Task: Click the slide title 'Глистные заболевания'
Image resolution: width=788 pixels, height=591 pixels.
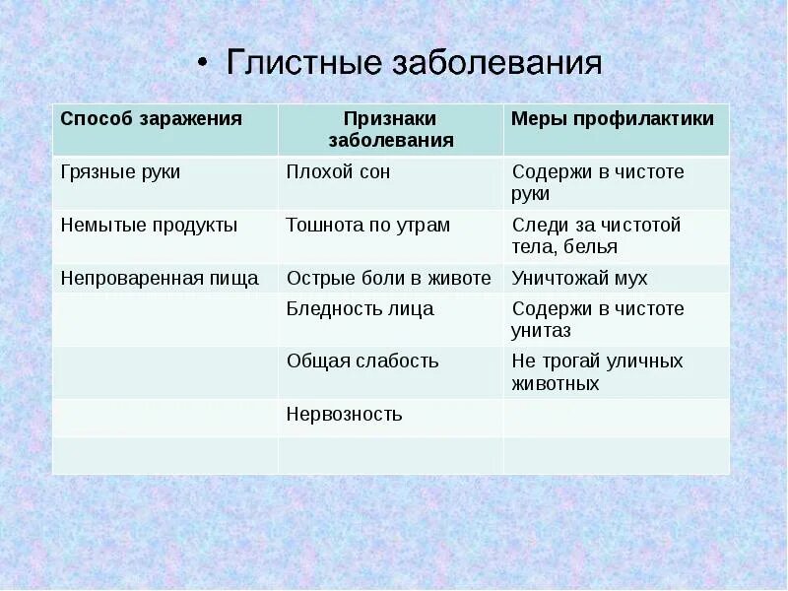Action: (414, 64)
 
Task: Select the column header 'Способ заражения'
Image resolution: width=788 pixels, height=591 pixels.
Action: (151, 119)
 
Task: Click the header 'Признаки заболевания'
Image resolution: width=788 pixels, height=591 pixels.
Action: (390, 129)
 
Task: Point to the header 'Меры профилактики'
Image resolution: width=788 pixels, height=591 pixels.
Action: (613, 119)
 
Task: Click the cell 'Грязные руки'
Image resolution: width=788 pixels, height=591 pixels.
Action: (120, 171)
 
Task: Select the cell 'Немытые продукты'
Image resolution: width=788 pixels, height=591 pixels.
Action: (149, 225)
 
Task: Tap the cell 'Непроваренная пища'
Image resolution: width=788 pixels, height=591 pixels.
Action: (160, 279)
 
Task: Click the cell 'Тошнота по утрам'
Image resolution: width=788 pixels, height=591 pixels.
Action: (367, 225)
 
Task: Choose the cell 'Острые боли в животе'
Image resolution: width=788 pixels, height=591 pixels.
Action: (388, 279)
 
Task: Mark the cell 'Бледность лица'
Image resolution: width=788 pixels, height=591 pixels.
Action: (360, 309)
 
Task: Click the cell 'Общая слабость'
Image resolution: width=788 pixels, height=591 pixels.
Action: (362, 361)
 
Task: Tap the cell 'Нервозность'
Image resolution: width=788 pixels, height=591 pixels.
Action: (344, 414)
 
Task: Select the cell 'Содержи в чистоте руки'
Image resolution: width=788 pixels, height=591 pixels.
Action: (597, 182)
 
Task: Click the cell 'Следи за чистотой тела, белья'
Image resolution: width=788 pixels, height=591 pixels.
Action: (596, 235)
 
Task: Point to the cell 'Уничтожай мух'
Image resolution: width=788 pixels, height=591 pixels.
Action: (579, 279)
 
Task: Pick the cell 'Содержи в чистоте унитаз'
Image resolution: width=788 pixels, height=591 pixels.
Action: (597, 319)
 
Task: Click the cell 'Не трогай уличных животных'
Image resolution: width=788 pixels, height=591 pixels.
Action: (597, 372)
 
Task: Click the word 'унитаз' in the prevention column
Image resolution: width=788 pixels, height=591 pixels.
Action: (541, 331)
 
